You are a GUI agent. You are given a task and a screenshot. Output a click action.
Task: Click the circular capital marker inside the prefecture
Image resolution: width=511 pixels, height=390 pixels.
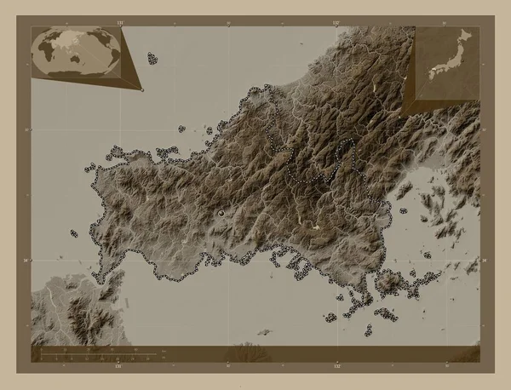click(x=221, y=212)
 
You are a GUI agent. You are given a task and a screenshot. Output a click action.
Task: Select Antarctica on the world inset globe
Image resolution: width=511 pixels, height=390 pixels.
click(x=77, y=75)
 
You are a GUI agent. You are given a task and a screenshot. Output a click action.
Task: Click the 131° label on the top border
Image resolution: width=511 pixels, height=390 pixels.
click(x=119, y=20)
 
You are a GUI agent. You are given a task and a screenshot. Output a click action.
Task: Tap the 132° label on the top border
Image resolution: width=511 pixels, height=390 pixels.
click(x=336, y=20)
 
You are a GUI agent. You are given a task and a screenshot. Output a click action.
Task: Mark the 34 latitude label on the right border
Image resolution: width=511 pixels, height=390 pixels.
click(x=484, y=260)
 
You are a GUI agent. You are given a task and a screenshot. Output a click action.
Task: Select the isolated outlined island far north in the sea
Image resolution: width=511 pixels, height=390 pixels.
click(x=152, y=59)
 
